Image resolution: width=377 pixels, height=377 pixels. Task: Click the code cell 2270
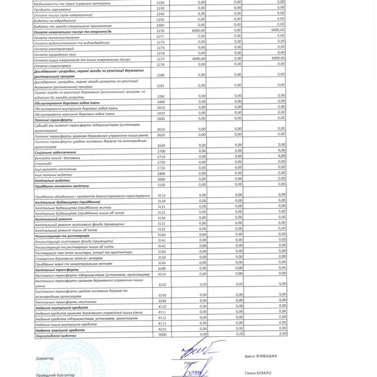[160, 30]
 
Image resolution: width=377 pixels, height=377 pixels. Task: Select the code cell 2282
[160, 96]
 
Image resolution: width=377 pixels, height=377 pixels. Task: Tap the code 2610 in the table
[160, 128]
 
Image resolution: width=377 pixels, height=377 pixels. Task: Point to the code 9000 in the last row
[161, 334]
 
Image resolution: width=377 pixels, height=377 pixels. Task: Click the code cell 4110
[161, 307]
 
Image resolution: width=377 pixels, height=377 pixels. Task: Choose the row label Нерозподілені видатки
[56, 334]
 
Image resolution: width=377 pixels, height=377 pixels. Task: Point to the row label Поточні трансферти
[53, 118]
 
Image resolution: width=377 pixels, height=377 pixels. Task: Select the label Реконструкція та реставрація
[63, 234]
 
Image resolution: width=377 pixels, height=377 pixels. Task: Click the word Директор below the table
[45, 358]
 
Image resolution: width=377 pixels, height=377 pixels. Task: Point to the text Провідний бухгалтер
[55, 374]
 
